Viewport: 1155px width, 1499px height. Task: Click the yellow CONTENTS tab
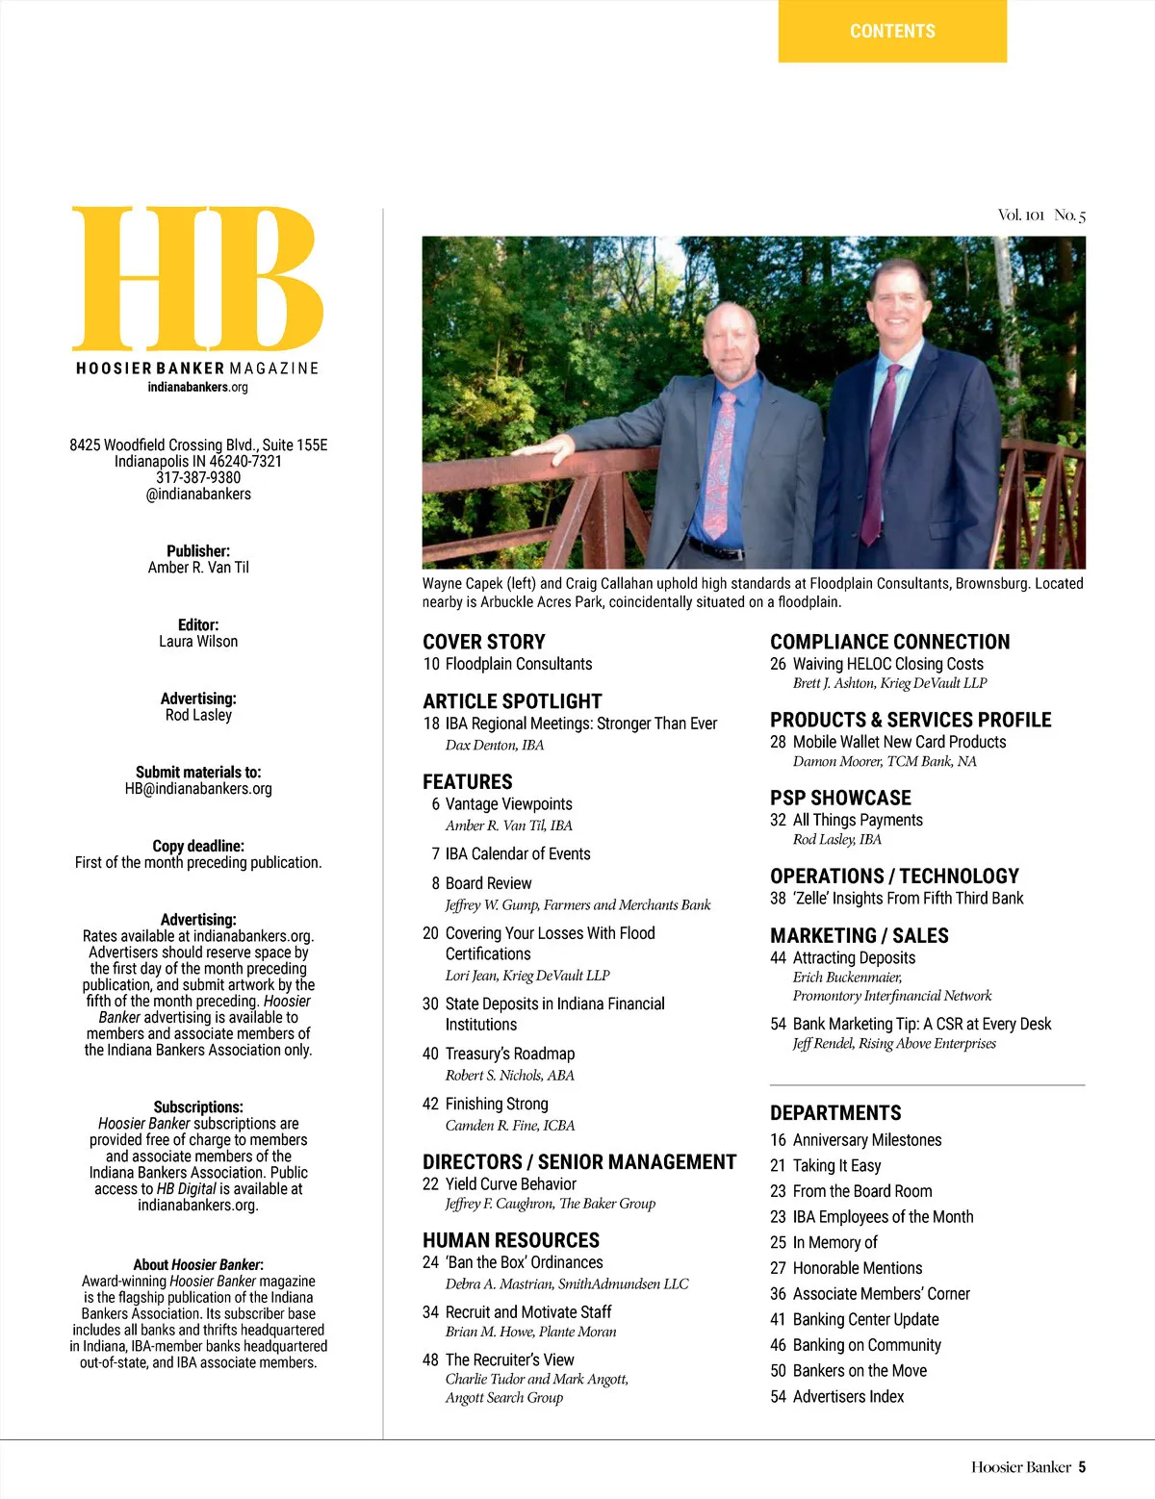tap(892, 31)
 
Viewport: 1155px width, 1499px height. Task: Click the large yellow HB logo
tap(197, 279)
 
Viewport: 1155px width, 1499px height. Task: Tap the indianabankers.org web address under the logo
tap(197, 387)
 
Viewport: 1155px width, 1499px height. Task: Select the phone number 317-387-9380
tap(198, 477)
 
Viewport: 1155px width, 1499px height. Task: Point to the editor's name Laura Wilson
tap(198, 642)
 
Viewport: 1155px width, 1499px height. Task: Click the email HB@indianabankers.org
tap(198, 789)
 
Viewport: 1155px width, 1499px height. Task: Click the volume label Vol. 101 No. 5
tap(1041, 216)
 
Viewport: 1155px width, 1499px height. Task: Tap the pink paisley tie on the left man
tap(717, 462)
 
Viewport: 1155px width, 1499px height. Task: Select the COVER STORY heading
tap(484, 642)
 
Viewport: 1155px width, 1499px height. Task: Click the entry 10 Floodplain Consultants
tap(507, 664)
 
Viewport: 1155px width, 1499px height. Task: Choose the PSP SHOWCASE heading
tap(840, 798)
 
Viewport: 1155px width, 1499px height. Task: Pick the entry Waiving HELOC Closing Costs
tap(887, 664)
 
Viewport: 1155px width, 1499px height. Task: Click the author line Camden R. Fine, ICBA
tap(509, 1126)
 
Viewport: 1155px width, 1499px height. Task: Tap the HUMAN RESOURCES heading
tap(511, 1240)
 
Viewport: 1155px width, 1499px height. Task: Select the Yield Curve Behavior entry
tap(510, 1184)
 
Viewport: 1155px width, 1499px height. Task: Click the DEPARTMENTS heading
tap(835, 1113)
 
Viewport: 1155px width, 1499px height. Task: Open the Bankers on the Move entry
tap(859, 1371)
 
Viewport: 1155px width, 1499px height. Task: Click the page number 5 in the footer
tap(1082, 1467)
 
